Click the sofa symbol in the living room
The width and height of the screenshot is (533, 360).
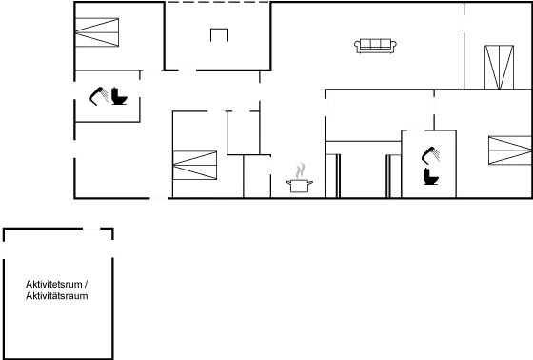[374, 44]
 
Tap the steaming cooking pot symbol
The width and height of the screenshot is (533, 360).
[301, 178]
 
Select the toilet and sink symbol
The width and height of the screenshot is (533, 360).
[108, 95]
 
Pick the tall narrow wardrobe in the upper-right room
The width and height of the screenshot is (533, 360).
[496, 67]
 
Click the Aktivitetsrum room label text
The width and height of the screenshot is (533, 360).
[57, 290]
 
